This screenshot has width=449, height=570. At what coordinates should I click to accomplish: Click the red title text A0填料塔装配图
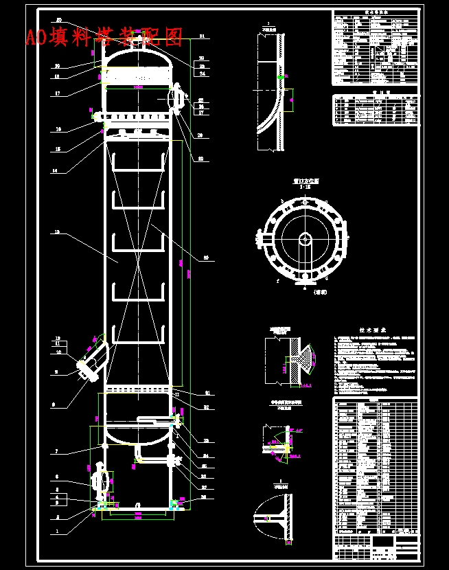point(104,36)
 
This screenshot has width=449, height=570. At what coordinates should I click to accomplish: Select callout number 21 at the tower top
point(202,36)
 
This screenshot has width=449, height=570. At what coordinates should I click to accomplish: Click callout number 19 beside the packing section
point(57,233)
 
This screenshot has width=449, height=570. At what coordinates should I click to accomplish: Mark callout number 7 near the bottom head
point(58,451)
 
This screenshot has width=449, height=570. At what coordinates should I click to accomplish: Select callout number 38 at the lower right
point(204,496)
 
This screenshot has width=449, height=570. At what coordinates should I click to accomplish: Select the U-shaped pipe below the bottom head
point(139,453)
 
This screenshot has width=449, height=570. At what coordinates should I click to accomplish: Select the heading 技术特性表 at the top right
point(375,12)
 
